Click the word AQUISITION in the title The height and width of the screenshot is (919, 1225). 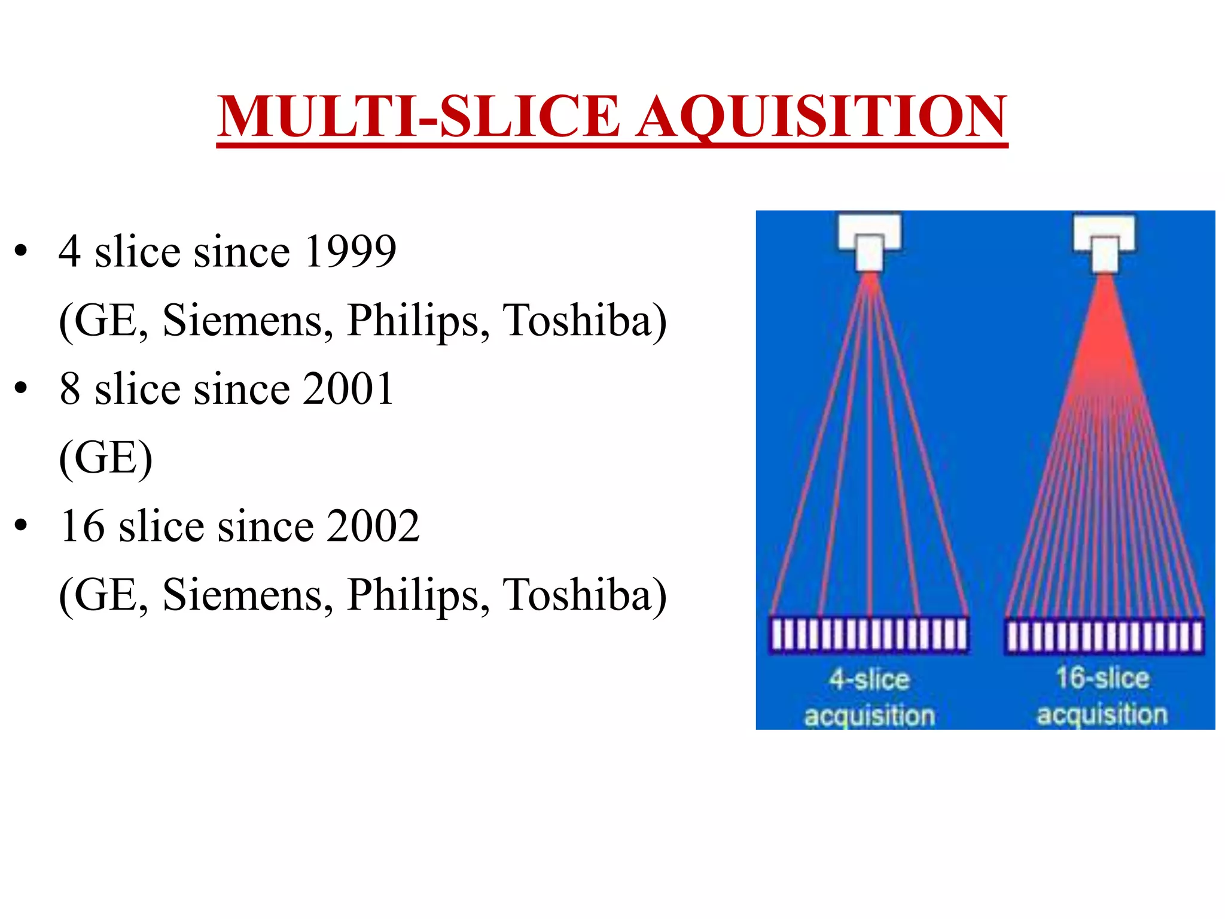(821, 117)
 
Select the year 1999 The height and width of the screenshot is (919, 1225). (350, 251)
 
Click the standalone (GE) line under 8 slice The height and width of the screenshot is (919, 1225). (106, 458)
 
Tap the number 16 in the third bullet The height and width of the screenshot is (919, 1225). (83, 527)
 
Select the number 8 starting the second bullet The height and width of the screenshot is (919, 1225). (70, 389)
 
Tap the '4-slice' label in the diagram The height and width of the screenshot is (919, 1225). (869, 680)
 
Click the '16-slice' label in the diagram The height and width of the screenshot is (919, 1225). (1102, 678)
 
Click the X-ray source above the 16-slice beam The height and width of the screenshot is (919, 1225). (1104, 242)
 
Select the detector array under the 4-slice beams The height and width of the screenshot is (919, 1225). (869, 635)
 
